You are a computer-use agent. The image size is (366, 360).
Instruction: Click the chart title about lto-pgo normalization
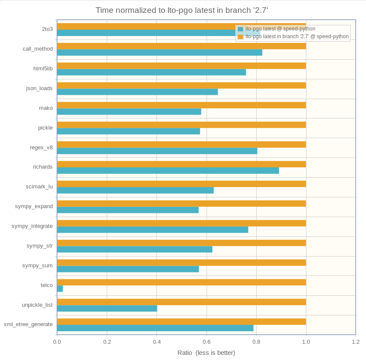tap(182, 10)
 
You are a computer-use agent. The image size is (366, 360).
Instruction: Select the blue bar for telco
tap(60, 289)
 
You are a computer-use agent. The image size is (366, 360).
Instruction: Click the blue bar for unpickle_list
tap(107, 309)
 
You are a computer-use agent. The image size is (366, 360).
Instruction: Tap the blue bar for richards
tap(168, 170)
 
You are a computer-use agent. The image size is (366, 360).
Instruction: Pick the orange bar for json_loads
tap(181, 85)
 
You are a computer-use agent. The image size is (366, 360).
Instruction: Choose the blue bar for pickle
tap(129, 131)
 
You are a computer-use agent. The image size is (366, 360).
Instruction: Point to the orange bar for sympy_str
tap(181, 243)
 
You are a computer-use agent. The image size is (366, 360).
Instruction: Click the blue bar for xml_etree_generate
tap(155, 328)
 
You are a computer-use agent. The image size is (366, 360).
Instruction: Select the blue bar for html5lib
tap(151, 72)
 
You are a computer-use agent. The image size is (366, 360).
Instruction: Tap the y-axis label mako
tap(46, 108)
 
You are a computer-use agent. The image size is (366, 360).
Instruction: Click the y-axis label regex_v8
tap(41, 148)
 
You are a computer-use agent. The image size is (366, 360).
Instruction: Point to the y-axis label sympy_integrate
tap(32, 226)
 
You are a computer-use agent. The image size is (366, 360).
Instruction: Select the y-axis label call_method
tap(38, 49)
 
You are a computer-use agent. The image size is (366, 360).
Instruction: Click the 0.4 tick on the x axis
tap(157, 342)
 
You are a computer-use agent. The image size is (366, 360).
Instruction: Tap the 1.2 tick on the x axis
tap(356, 342)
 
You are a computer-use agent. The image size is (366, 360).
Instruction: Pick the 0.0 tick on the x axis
tap(57, 342)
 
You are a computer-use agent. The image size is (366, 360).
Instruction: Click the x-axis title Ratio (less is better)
tap(206, 353)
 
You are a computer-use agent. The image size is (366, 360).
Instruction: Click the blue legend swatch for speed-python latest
tap(240, 29)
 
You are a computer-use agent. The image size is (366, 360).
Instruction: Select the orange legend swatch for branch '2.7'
tap(240, 37)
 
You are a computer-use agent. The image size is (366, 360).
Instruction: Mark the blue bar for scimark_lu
tap(135, 190)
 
